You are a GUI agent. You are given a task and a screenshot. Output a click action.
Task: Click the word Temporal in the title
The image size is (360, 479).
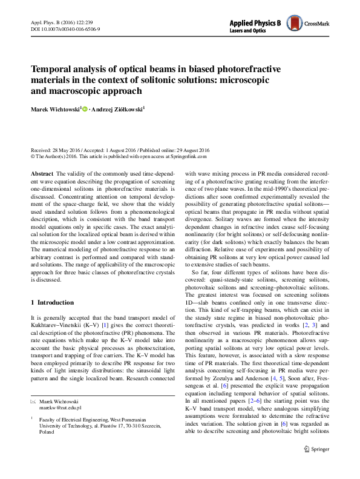coord(53,70)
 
